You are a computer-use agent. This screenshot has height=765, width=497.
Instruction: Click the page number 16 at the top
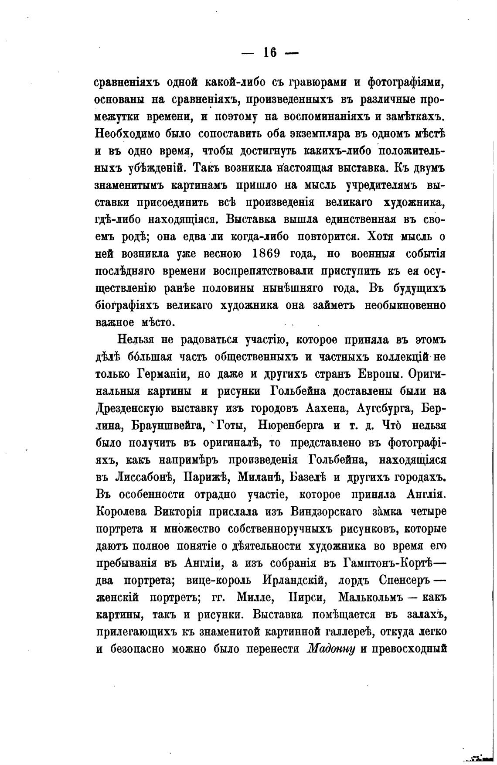[x=270, y=52]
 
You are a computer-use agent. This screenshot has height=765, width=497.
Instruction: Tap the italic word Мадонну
[x=332, y=648]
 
